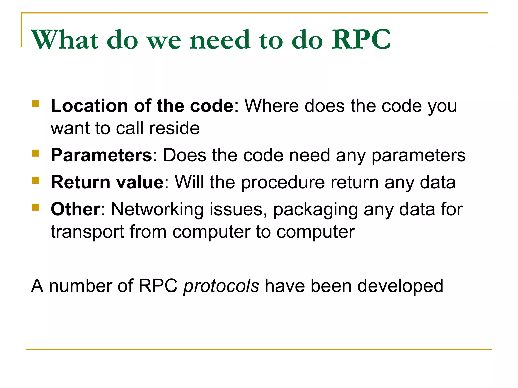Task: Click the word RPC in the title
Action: pyautogui.click(x=361, y=39)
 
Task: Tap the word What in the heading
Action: pyautogui.click(x=65, y=39)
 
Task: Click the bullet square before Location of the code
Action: pyautogui.click(x=36, y=104)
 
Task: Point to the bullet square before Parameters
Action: pyautogui.click(x=36, y=153)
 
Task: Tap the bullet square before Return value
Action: pyautogui.click(x=36, y=180)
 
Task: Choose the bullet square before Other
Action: pyautogui.click(x=36, y=207)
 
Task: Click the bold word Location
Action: pyautogui.click(x=89, y=106)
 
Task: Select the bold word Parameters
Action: pyautogui.click(x=101, y=155)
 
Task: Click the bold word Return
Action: pyautogui.click(x=80, y=182)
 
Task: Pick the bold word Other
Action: pyautogui.click(x=75, y=209)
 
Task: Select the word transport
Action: pyautogui.click(x=88, y=232)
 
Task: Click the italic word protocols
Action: pyautogui.click(x=221, y=286)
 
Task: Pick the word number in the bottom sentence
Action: pyautogui.click(x=80, y=286)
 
